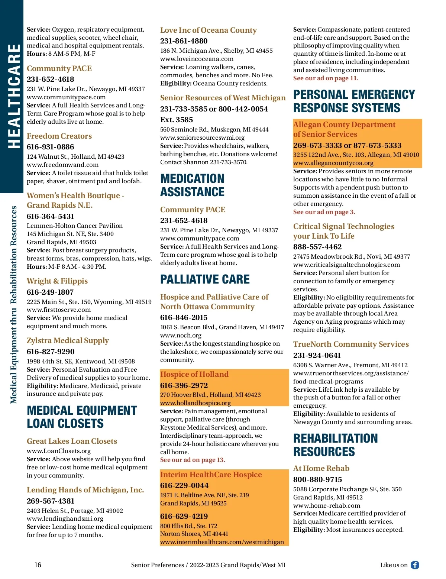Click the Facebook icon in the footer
coord(415,565)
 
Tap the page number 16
coord(38,565)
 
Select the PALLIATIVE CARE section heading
coord(205,279)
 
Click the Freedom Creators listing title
coord(59,136)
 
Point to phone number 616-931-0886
coord(51,147)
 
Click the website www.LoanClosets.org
coord(59,451)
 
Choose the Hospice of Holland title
coord(194,374)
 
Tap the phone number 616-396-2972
coord(184,385)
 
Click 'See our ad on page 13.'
coord(193,460)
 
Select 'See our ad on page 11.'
coord(326,78)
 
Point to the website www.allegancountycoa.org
coord(333,163)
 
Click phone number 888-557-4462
coord(317,247)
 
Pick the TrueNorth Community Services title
coord(351,344)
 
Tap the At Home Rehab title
coord(321,468)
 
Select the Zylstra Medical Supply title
coord(68,340)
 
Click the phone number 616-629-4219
coord(184,516)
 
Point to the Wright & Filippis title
coord(57,281)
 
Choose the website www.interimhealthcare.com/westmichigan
coord(222,542)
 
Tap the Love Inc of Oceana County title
coord(209,30)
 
